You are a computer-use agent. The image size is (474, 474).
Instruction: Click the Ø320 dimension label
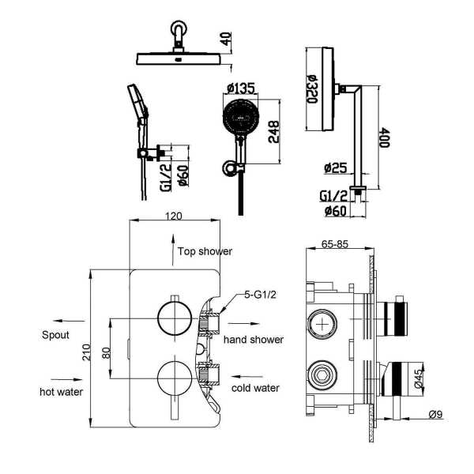click(x=313, y=88)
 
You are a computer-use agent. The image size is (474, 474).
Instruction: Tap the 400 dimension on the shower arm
click(x=385, y=137)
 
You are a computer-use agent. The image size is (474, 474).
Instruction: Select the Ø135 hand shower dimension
click(x=241, y=88)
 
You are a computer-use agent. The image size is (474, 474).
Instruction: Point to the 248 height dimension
click(x=274, y=132)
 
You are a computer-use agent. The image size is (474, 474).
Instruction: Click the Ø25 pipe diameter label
click(x=336, y=167)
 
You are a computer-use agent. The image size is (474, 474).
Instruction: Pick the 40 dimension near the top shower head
click(x=227, y=39)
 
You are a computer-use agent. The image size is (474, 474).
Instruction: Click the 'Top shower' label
click(x=205, y=251)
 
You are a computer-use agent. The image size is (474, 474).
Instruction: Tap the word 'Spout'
click(x=55, y=335)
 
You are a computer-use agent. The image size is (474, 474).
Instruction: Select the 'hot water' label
click(x=61, y=392)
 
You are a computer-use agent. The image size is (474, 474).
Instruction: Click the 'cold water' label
click(x=255, y=388)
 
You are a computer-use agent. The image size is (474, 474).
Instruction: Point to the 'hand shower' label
click(x=254, y=340)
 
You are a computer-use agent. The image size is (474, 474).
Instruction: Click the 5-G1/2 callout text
click(x=260, y=295)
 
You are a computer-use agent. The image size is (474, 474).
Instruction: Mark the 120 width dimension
click(x=174, y=216)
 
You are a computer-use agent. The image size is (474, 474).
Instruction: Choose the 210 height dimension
click(x=87, y=352)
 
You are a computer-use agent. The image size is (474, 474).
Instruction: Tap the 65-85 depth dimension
click(x=335, y=243)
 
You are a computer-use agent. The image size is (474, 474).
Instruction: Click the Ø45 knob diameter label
click(x=419, y=378)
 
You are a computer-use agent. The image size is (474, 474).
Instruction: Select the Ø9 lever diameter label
click(x=435, y=414)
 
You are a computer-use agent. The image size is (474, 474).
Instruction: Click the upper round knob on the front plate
click(x=175, y=318)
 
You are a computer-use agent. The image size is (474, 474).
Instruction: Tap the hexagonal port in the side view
click(x=323, y=376)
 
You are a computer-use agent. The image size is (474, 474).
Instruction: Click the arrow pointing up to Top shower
click(x=172, y=250)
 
